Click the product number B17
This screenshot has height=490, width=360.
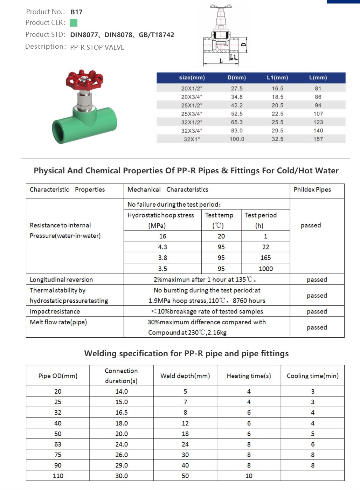tap(76, 12)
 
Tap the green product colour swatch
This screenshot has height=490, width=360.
tap(74, 23)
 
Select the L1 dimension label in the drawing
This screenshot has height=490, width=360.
tap(233, 57)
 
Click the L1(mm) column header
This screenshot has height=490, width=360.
tap(277, 77)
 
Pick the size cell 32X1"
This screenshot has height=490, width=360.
tap(192, 139)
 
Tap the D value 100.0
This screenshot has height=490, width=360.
tap(237, 139)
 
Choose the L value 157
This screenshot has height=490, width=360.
tap(318, 139)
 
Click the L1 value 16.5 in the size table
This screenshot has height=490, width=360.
tap(277, 89)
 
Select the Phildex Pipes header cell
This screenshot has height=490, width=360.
tap(312, 189)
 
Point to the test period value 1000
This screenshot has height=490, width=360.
tap(265, 269)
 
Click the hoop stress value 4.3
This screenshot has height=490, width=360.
tap(162, 247)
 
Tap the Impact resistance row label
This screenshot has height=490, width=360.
tap(55, 311)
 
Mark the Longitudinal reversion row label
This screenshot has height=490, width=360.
tap(61, 279)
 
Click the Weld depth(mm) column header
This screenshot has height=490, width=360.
tap(185, 376)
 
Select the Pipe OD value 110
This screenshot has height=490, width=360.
tap(58, 476)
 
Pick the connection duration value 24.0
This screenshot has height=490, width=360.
tap(122, 444)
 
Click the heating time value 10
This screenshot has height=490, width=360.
tap(249, 476)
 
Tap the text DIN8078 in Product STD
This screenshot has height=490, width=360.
tap(118, 35)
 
